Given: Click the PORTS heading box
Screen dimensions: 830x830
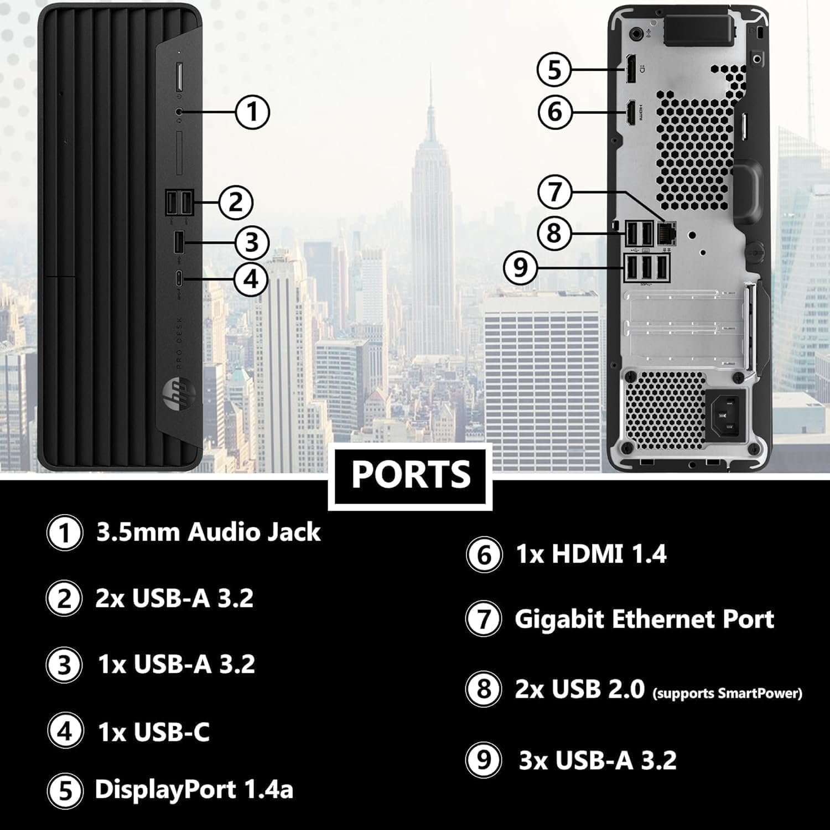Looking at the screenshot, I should coord(410,475).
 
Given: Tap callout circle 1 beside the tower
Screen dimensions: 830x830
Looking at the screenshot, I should coord(252,112).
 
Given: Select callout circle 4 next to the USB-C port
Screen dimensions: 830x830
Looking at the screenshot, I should coord(251,278).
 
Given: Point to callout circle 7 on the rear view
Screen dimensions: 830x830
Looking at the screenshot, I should coord(555,192).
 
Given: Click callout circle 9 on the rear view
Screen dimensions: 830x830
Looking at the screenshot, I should coord(520,268).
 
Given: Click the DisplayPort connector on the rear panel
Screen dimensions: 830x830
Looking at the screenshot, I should coord(630,69).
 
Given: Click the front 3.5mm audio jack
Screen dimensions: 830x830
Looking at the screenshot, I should coord(178,111).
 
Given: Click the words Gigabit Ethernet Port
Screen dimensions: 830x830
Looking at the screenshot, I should coord(644,619).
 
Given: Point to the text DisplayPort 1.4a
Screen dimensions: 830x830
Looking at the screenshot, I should coord(194,789).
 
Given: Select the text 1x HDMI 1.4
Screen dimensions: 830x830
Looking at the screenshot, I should coord(591,554).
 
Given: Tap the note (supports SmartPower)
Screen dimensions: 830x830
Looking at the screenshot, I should coord(727,693).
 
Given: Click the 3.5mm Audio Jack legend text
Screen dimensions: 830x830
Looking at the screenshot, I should coord(208,532).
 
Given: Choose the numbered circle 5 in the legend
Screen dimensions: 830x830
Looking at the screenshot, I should coord(65,790).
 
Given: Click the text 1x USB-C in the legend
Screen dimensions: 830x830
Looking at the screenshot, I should coord(154,732).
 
